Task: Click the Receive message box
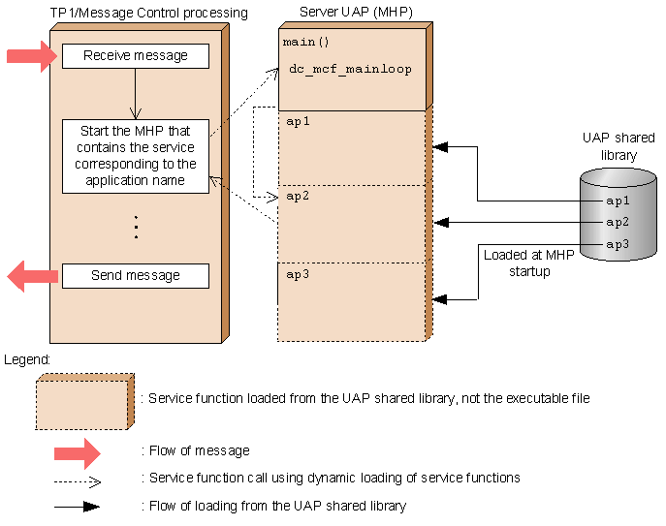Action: (x=136, y=55)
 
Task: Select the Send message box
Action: (x=136, y=276)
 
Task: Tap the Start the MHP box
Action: (x=136, y=156)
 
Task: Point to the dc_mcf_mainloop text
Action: (x=350, y=69)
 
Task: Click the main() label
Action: (x=305, y=42)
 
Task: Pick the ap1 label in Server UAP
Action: (x=298, y=121)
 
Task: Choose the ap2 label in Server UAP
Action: (x=298, y=196)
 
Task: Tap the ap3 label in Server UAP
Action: (x=298, y=274)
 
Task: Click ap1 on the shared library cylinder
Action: (x=618, y=201)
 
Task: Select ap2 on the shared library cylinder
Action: (x=618, y=222)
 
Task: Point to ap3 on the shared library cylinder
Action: (x=618, y=244)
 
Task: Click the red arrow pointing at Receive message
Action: (x=32, y=56)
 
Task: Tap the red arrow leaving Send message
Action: (x=32, y=276)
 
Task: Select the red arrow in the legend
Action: (x=78, y=453)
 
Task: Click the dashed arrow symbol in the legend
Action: (x=78, y=481)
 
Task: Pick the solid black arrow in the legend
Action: (x=77, y=507)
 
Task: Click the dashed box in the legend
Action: (x=85, y=402)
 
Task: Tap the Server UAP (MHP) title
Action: (x=356, y=12)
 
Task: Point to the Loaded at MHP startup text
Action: (x=529, y=263)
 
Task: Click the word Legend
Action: (x=27, y=360)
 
